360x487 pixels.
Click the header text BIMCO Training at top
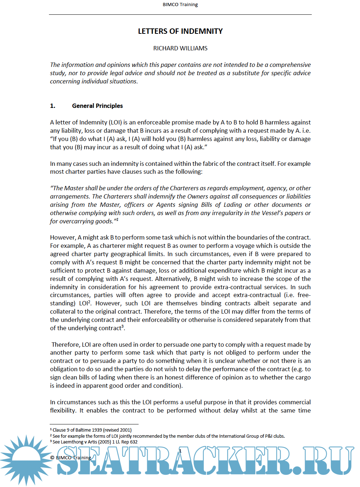point(180,5)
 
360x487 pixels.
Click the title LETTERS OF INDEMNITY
point(180,31)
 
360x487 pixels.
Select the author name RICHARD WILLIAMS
point(180,48)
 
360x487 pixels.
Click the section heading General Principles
point(97,106)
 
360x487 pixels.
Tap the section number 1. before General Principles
point(53,106)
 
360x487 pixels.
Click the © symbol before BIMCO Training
point(52,458)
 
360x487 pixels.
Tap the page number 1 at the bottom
point(180,451)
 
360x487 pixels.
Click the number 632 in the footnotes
point(134,442)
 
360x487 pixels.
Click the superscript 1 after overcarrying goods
point(117,219)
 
